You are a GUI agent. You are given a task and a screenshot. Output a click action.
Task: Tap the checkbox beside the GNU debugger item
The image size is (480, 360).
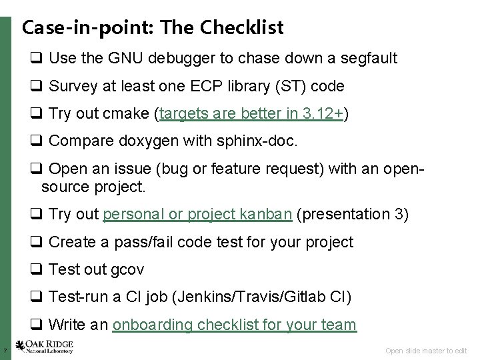click(x=35, y=59)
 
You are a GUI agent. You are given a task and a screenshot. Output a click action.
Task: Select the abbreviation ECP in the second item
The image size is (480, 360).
click(x=201, y=86)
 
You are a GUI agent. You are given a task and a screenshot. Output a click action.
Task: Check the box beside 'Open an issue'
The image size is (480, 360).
click(x=35, y=169)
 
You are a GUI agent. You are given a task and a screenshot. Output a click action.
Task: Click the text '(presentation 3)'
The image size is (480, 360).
click(x=353, y=214)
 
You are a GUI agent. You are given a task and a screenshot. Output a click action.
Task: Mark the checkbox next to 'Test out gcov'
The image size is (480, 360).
click(x=35, y=269)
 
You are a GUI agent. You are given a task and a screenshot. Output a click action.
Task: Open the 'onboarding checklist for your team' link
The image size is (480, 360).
click(x=235, y=325)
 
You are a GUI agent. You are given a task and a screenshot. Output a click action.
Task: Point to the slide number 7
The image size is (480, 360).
click(x=5, y=350)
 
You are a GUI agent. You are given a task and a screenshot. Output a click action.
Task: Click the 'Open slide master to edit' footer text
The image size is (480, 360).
click(x=427, y=350)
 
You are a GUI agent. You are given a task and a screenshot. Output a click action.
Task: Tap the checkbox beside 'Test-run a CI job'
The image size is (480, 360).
click(x=35, y=297)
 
